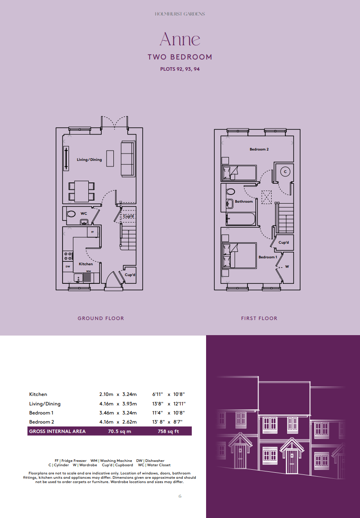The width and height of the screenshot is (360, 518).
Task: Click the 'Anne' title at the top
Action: pos(180,39)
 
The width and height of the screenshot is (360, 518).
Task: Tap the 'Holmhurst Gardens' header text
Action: pos(180,14)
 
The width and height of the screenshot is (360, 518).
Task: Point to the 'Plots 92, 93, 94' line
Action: pos(180,69)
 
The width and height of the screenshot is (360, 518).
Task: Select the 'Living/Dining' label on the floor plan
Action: pos(89,160)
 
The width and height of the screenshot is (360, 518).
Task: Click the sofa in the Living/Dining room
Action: pos(127,159)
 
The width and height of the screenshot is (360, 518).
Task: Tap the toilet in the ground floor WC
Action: pos(71,213)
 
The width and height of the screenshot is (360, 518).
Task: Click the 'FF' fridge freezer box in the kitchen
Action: pos(92,232)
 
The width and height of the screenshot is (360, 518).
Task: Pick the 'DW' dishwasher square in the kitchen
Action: pos(68,267)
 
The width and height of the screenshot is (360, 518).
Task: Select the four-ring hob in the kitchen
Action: pos(68,256)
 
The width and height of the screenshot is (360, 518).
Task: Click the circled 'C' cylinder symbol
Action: pos(285,172)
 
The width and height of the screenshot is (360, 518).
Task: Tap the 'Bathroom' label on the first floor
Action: pos(244,201)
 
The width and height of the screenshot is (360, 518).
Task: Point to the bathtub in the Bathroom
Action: pos(241,219)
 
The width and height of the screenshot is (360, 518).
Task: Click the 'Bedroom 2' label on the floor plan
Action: pos(259,149)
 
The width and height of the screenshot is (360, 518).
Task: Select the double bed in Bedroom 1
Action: pos(239,255)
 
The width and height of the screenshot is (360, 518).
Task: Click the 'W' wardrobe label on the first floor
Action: pos(287,267)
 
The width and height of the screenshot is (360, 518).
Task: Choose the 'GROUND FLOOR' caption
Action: pos(101,318)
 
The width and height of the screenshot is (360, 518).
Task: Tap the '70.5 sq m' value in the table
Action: pos(119,431)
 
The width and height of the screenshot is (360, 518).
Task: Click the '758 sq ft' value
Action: pos(168,431)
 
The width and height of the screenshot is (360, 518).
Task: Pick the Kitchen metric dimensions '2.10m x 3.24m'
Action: pos(118,394)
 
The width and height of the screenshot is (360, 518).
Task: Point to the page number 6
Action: pos(180,496)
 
